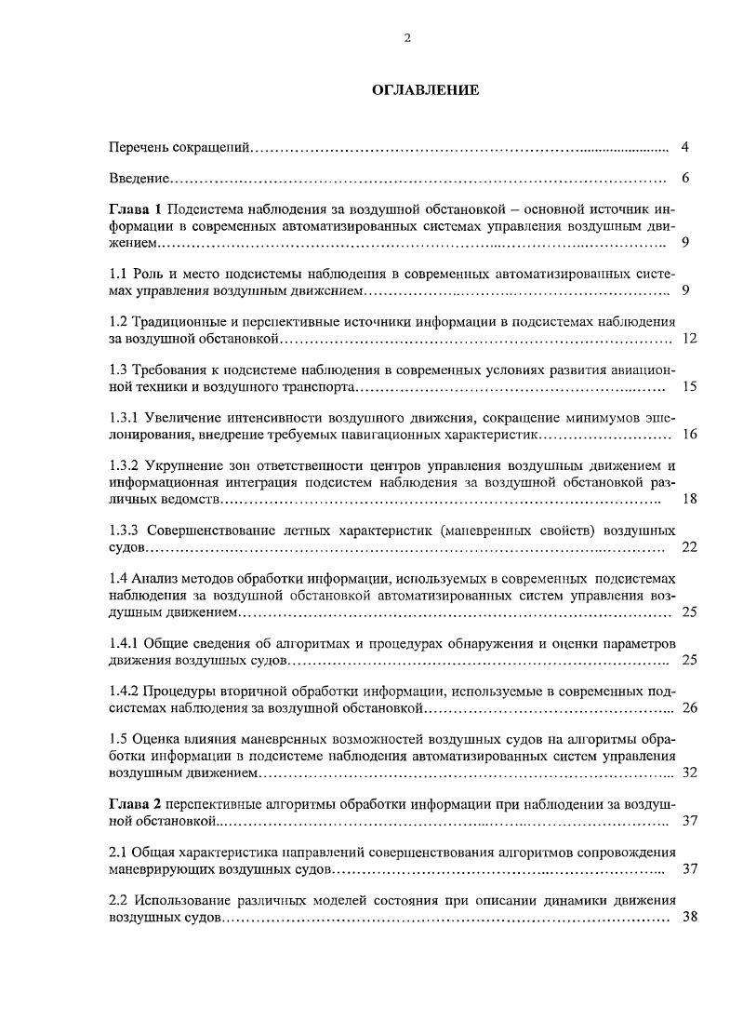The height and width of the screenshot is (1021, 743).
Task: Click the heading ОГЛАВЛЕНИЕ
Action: coord(425,90)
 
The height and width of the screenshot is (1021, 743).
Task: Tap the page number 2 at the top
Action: coord(407,38)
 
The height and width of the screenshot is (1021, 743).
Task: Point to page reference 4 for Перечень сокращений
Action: coord(684,147)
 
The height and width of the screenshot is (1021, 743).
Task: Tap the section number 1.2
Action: coord(119,321)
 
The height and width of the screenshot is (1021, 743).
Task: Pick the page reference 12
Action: coord(689,338)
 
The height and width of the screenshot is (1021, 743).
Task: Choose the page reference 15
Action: coord(689,385)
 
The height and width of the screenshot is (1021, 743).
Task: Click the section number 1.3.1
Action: coord(125,417)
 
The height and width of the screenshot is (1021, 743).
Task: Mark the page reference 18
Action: coord(689,499)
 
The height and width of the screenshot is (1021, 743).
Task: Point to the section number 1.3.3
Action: coord(125,531)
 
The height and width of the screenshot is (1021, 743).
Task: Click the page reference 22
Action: coord(689,547)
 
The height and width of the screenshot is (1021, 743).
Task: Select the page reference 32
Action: coord(689,772)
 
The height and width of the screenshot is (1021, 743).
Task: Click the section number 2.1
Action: coord(119,852)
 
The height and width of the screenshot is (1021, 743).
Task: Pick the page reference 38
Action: coord(689,916)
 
